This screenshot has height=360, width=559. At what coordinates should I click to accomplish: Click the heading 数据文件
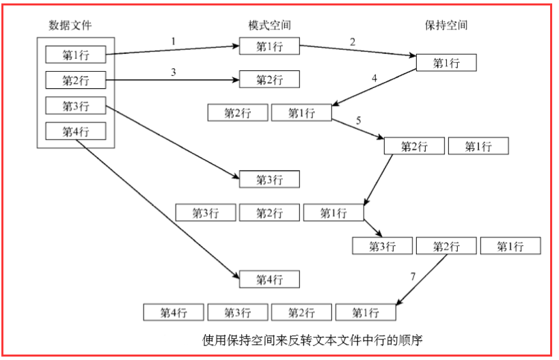pyautogui.click(x=70, y=25)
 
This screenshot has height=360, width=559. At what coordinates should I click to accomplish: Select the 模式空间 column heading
pyautogui.click(x=269, y=25)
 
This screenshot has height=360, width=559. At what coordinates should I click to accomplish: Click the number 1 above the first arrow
pyautogui.click(x=174, y=41)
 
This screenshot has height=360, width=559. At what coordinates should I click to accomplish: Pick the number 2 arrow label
pyautogui.click(x=353, y=42)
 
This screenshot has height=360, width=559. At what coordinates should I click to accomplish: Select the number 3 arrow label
pyautogui.click(x=174, y=71)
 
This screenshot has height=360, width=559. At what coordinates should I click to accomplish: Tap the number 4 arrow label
pyautogui.click(x=374, y=79)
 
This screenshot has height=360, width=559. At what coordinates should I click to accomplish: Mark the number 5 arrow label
pyautogui.click(x=358, y=121)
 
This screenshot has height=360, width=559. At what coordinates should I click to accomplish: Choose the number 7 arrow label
pyautogui.click(x=412, y=277)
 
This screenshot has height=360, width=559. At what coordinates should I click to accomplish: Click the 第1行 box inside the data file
pyautogui.click(x=75, y=54)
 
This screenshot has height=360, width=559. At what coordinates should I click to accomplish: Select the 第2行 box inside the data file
pyautogui.click(x=75, y=80)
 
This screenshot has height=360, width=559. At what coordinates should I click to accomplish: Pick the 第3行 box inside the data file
pyautogui.click(x=75, y=106)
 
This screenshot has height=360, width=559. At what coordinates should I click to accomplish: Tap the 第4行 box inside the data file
pyautogui.click(x=75, y=131)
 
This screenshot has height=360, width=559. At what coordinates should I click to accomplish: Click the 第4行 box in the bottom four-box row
pyautogui.click(x=174, y=313)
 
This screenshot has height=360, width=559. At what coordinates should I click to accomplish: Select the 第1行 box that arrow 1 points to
pyautogui.click(x=269, y=46)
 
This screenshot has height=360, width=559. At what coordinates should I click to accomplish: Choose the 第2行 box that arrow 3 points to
pyautogui.click(x=269, y=80)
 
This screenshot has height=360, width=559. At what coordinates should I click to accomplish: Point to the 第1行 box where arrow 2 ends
pyautogui.click(x=446, y=63)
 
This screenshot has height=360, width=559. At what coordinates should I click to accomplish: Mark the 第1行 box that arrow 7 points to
pyautogui.click(x=366, y=313)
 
